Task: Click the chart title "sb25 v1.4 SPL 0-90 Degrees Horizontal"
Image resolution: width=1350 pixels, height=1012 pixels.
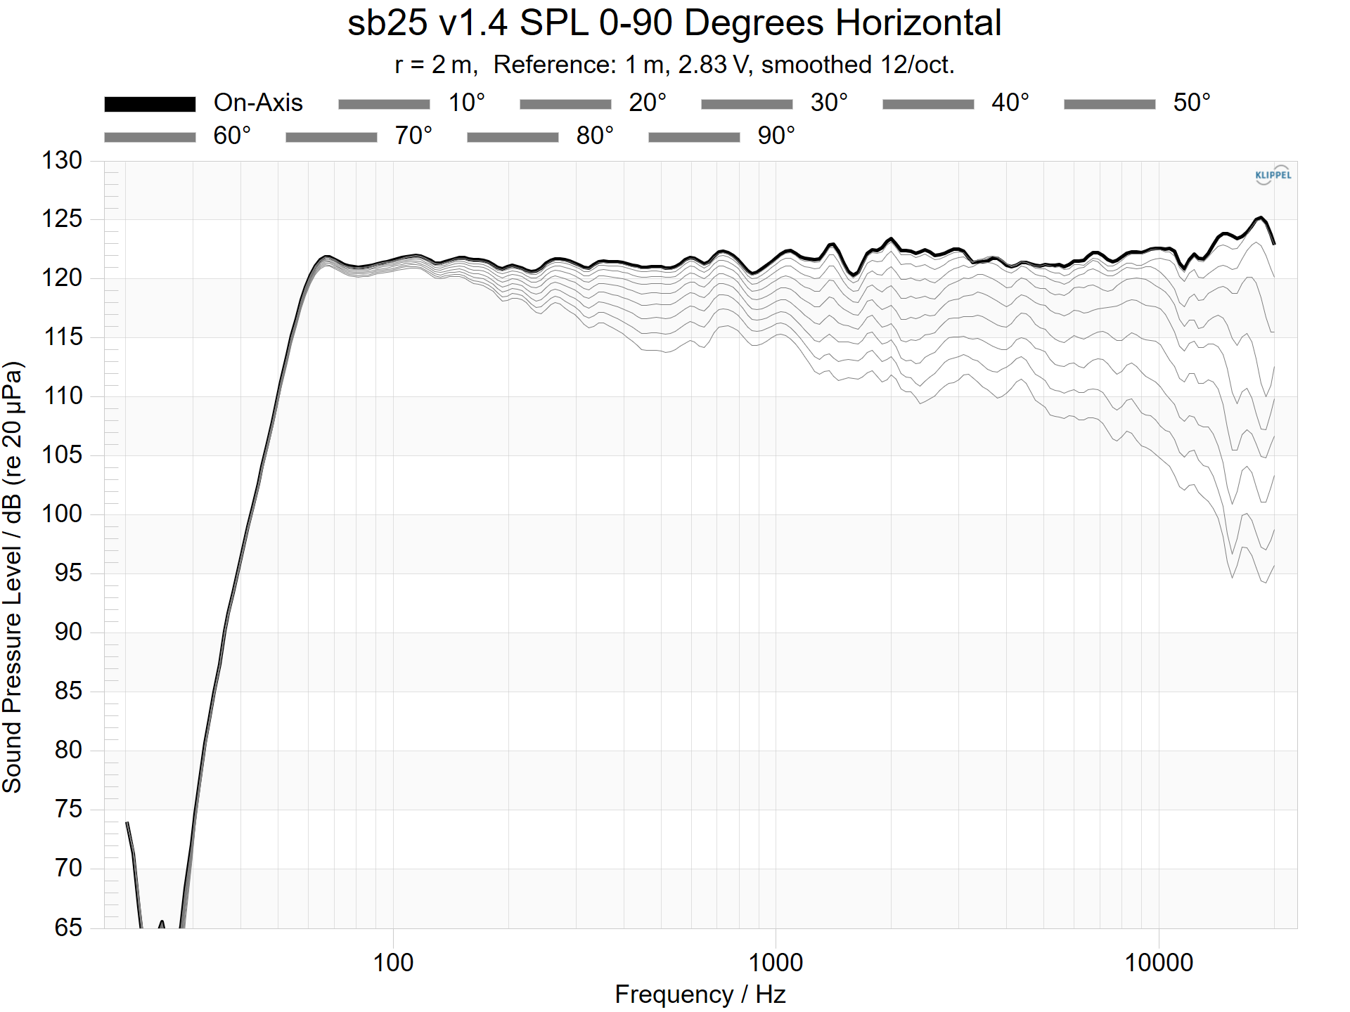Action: click(x=674, y=22)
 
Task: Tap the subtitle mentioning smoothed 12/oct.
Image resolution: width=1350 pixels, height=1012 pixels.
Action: click(x=674, y=65)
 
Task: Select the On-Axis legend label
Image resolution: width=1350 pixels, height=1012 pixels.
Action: click(x=258, y=103)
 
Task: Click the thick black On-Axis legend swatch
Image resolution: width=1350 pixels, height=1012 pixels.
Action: click(x=150, y=104)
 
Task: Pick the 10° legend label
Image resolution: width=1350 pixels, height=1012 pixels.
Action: click(x=467, y=103)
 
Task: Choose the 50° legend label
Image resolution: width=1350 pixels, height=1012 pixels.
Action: click(x=1192, y=103)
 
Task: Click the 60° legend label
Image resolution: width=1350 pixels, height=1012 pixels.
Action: click(x=232, y=136)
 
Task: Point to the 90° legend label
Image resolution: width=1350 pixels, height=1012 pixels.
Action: click(x=776, y=136)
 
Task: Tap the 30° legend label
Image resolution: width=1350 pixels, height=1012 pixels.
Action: click(x=829, y=103)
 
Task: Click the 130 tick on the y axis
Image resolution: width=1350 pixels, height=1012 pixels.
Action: click(x=62, y=160)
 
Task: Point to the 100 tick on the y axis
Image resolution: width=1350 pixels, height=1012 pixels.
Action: click(x=62, y=514)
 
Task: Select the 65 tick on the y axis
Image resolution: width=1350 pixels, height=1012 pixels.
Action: click(x=68, y=927)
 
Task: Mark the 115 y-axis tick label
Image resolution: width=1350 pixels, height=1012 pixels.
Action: click(x=62, y=337)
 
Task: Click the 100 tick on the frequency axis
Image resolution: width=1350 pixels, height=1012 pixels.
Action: click(x=393, y=962)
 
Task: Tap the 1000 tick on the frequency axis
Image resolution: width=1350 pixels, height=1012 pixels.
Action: click(x=776, y=962)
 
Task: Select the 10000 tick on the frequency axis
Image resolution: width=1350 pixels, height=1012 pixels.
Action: click(x=1159, y=962)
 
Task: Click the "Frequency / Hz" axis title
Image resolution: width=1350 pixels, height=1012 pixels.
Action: click(x=700, y=994)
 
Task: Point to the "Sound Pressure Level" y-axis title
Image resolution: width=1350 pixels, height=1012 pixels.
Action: click(x=13, y=576)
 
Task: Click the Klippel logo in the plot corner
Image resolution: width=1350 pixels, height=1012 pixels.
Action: click(x=1273, y=175)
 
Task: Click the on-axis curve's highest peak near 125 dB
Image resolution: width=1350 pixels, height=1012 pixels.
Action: click(x=1261, y=218)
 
